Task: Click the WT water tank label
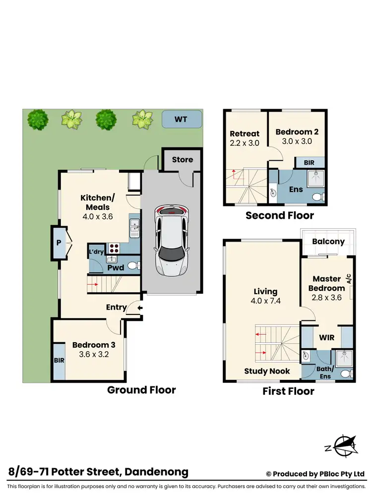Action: tap(182, 120)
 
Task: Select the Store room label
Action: tap(182, 159)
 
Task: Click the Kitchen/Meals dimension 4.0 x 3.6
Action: tap(95, 216)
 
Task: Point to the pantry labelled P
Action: tap(59, 243)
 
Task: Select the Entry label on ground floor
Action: tap(116, 307)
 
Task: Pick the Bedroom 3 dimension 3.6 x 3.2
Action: tap(90, 355)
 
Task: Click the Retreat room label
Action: tap(245, 133)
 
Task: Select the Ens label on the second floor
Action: tap(296, 189)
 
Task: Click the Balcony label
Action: tap(328, 242)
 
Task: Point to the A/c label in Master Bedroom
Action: tap(349, 279)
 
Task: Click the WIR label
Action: tap(327, 337)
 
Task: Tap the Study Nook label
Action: tap(267, 371)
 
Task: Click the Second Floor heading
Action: tap(280, 215)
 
